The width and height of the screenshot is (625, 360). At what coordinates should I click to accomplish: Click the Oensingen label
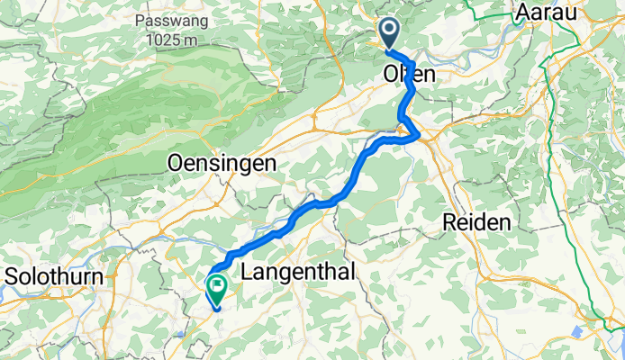[222, 163]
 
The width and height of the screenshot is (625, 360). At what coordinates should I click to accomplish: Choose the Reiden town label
[477, 221]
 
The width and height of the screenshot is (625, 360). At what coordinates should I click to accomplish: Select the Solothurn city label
[55, 275]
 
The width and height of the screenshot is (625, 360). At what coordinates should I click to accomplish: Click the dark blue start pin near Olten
[389, 32]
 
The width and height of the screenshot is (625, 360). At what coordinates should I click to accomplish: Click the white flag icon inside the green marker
[217, 286]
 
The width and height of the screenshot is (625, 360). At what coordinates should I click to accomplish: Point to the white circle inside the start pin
[389, 30]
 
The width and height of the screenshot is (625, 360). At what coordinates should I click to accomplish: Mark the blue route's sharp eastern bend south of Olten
[418, 136]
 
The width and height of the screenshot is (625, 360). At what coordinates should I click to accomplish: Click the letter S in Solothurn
[11, 275]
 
